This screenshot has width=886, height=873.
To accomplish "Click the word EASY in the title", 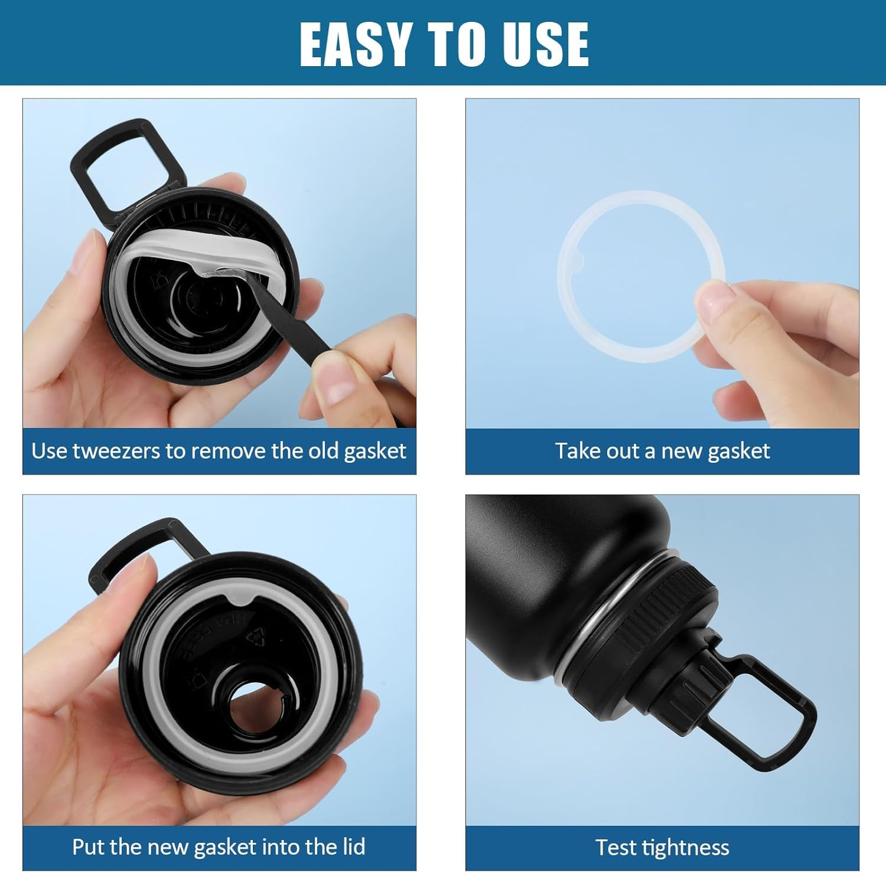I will pos(354,44).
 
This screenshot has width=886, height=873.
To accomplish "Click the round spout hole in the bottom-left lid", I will pos(255,706).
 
